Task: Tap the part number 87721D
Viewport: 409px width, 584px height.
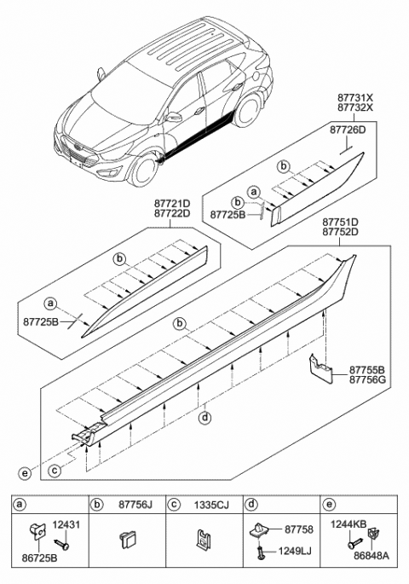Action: point(172,205)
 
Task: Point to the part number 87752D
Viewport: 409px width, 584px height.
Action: point(340,231)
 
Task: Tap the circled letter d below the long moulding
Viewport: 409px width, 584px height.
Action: point(204,418)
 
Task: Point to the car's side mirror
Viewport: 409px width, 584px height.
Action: point(175,117)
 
